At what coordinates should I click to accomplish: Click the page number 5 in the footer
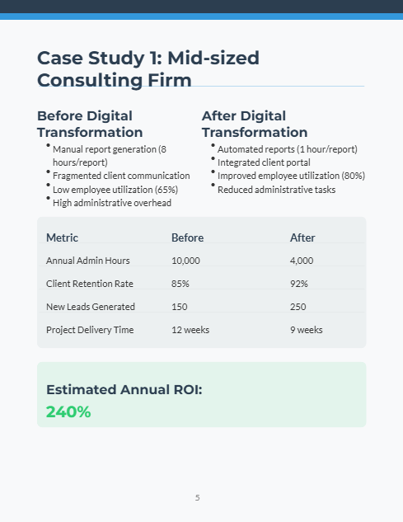(x=198, y=498)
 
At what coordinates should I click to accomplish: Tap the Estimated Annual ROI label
(x=124, y=389)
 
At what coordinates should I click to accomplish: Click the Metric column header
(x=62, y=237)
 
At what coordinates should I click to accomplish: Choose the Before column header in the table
(x=187, y=237)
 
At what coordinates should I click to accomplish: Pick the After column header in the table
(x=302, y=237)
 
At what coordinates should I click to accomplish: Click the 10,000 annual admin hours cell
(x=185, y=261)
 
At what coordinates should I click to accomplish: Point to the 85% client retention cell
(x=180, y=284)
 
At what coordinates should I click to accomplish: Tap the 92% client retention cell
(x=299, y=284)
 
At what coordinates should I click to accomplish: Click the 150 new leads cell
(x=179, y=307)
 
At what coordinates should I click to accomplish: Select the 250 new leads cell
(x=298, y=307)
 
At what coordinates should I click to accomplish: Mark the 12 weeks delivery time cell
(x=190, y=330)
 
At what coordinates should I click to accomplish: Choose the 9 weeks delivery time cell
(x=307, y=330)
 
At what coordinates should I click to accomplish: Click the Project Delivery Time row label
(x=90, y=330)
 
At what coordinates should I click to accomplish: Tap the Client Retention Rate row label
(x=90, y=284)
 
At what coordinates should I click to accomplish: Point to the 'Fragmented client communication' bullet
(x=121, y=176)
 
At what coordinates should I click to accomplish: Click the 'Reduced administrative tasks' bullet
(x=276, y=189)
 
